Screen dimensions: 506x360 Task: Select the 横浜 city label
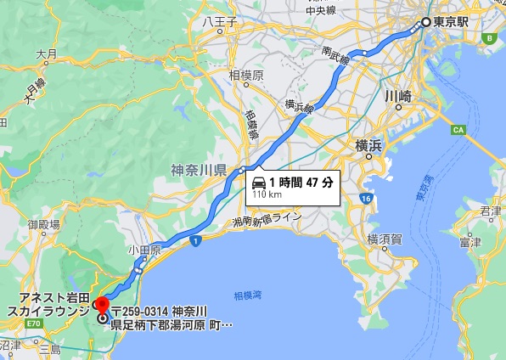click(x=369, y=146)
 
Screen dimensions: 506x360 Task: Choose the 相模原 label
click(x=246, y=75)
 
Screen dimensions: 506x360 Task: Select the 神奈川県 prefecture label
click(x=198, y=170)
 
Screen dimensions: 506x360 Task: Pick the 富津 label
click(x=469, y=243)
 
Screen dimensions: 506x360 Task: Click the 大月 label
click(x=46, y=53)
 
